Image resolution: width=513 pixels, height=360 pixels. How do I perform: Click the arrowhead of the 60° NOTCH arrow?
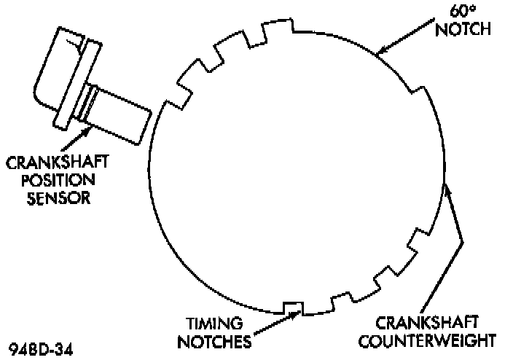coord(379,52)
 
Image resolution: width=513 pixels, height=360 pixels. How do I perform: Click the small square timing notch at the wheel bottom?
coord(292,308)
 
